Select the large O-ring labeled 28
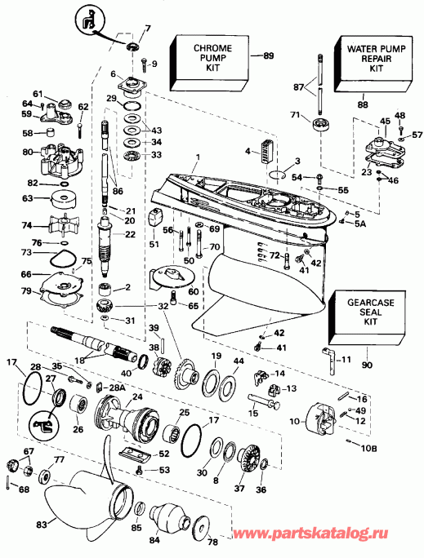(x=31, y=379)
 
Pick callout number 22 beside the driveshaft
(x=130, y=236)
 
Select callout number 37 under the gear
(x=240, y=489)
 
